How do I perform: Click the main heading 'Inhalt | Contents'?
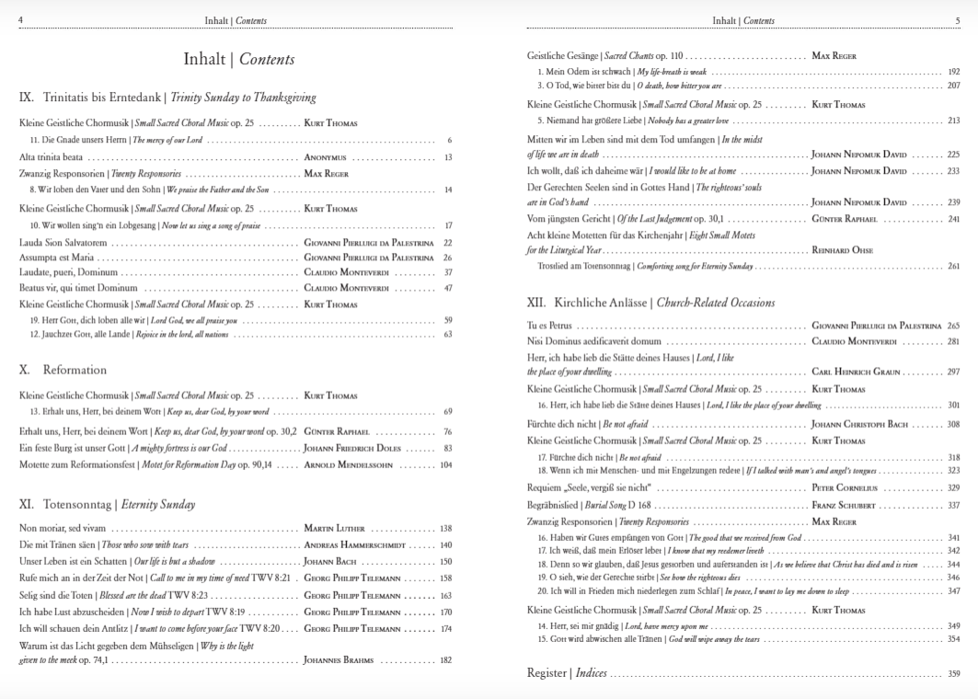click(x=239, y=60)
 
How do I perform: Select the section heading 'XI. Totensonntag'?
click(x=107, y=504)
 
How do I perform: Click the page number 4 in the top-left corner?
click(x=21, y=20)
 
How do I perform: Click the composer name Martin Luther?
click(x=334, y=529)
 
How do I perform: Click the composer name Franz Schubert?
click(x=843, y=505)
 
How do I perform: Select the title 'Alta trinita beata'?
click(x=51, y=157)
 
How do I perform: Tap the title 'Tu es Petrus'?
click(x=550, y=326)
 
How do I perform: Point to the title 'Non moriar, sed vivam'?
click(x=63, y=529)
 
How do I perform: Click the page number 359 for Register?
click(x=953, y=673)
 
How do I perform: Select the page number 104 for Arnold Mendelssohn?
click(x=445, y=464)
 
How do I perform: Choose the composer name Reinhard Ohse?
click(x=843, y=250)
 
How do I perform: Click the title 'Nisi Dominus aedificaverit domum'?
click(x=599, y=342)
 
